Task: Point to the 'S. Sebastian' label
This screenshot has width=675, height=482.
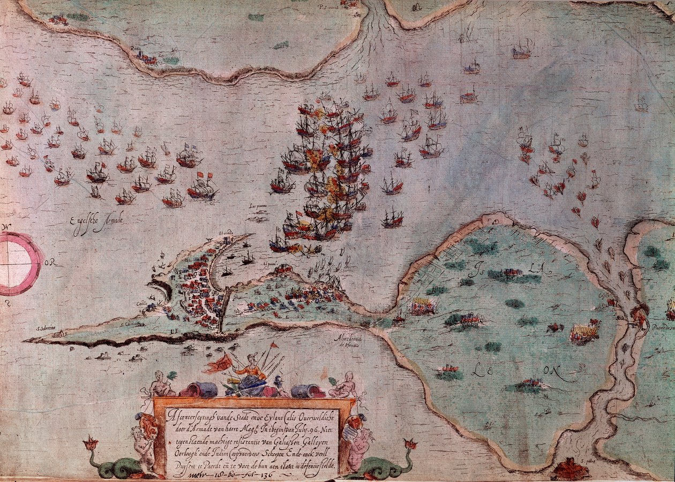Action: point(46,329)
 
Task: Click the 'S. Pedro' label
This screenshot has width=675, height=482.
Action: point(589,459)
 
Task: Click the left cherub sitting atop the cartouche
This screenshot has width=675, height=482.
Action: point(159,384)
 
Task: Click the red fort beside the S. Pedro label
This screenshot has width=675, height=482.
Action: point(569,471)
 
